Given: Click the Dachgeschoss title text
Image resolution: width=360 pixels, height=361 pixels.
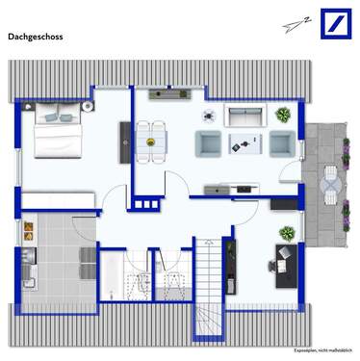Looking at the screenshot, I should (37, 38).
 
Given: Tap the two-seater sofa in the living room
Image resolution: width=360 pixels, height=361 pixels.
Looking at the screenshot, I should (245, 116).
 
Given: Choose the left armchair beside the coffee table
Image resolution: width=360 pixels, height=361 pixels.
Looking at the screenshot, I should (209, 143).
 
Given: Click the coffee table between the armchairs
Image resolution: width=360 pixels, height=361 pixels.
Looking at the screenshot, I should (245, 144).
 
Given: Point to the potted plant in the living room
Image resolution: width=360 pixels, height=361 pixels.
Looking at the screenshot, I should (282, 115).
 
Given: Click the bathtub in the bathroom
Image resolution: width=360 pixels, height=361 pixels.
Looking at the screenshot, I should (111, 276).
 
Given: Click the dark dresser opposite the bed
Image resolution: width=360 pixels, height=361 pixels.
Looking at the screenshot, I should (124, 142).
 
